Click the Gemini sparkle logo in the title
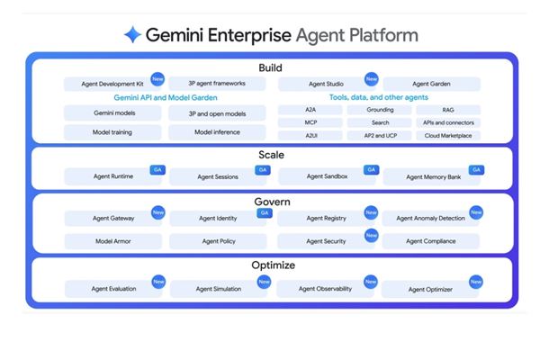[x=133, y=35]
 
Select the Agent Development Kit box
[x=112, y=85]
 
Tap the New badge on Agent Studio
[x=371, y=79]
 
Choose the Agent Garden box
[x=432, y=85]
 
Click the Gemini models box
[x=113, y=113]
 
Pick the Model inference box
[x=216, y=131]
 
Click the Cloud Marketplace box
[x=448, y=136]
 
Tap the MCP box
[x=310, y=123]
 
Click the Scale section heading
[x=271, y=155]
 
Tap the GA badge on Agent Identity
[x=264, y=213]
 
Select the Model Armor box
[x=113, y=241]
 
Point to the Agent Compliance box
[x=431, y=241]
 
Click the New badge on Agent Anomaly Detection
[x=476, y=213]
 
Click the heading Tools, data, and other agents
[x=379, y=97]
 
